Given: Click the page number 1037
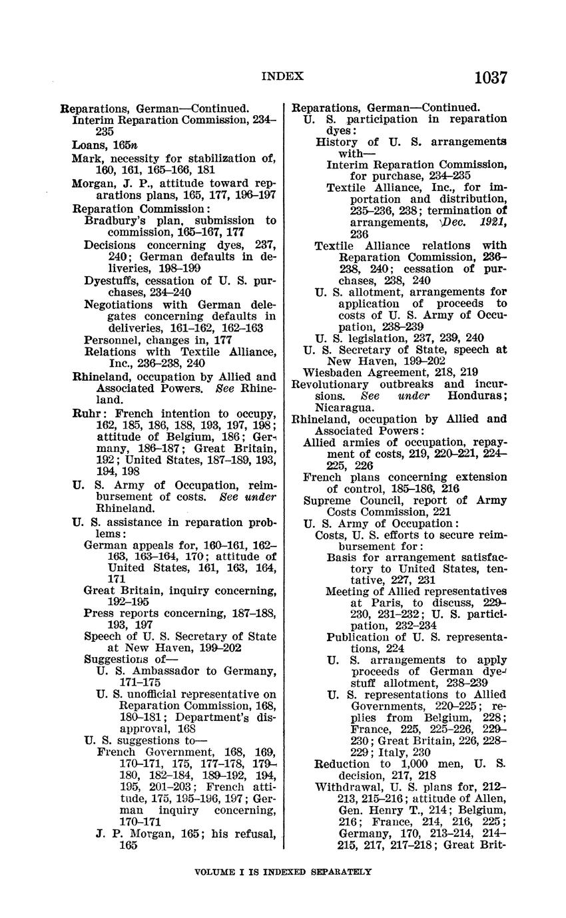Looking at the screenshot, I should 491,78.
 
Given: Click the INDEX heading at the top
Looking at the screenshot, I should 282,77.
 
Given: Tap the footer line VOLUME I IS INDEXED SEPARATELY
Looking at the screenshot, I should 282,871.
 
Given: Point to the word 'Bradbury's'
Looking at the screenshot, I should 113,220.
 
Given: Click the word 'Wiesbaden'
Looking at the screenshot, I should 332,373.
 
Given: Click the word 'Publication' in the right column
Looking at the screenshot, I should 359,637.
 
